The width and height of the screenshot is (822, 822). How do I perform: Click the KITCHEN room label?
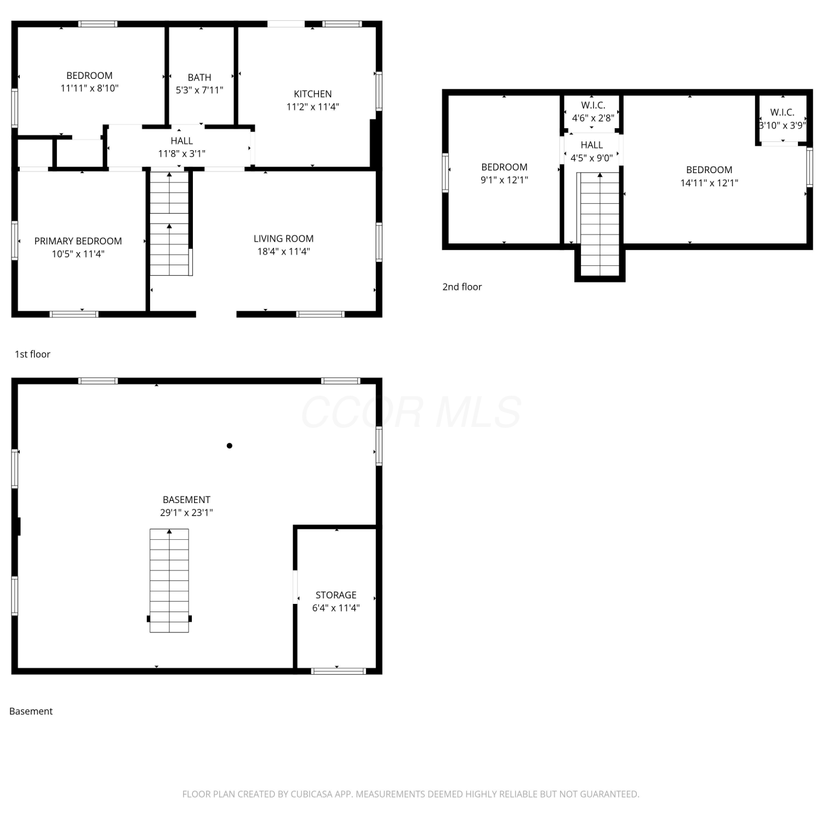tap(312, 94)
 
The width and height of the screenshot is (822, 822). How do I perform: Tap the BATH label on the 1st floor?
tap(199, 77)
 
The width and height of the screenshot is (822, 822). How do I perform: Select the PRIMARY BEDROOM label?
tap(78, 241)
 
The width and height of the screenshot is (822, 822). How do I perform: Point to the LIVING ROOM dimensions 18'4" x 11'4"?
tap(284, 252)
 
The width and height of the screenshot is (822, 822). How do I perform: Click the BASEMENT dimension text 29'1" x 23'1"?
tap(186, 512)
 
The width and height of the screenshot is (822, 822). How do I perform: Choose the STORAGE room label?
tap(336, 595)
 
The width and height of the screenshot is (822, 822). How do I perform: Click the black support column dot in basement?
tap(230, 446)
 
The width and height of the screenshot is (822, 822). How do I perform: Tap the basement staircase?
tap(169, 580)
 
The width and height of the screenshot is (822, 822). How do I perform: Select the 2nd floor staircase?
tap(600, 224)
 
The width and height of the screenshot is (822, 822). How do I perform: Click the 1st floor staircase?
tap(169, 224)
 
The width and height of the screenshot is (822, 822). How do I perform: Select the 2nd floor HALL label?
tap(591, 145)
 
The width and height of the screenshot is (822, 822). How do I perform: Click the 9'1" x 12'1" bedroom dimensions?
tap(504, 180)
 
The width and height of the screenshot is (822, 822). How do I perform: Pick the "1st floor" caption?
tap(32, 354)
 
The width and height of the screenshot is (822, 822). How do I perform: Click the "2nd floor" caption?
tap(462, 287)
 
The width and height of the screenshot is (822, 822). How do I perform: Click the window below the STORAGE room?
tap(338, 671)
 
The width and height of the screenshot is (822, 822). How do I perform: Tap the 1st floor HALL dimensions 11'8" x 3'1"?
tap(181, 153)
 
